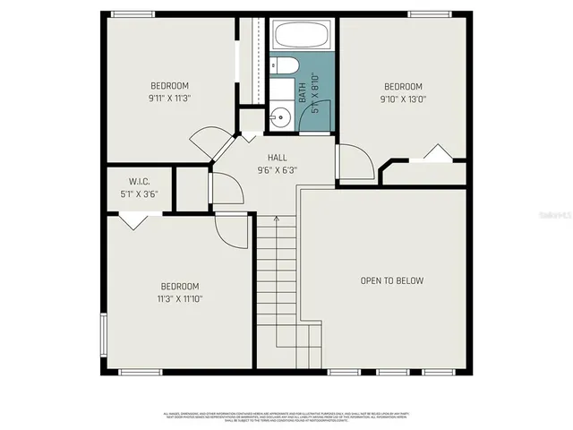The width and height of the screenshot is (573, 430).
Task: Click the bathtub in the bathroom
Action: (x=301, y=37)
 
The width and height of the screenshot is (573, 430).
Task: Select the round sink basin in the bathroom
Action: (x=280, y=116)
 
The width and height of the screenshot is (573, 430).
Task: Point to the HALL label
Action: (x=265, y=157)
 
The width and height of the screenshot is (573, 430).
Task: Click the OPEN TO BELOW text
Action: (x=391, y=280)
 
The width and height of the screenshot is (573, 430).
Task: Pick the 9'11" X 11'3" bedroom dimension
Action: (x=169, y=99)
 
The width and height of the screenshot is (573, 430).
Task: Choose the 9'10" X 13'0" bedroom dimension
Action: (x=402, y=99)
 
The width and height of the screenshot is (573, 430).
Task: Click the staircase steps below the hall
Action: (x=278, y=278)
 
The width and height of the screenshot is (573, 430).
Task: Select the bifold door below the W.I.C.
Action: (x=134, y=220)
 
